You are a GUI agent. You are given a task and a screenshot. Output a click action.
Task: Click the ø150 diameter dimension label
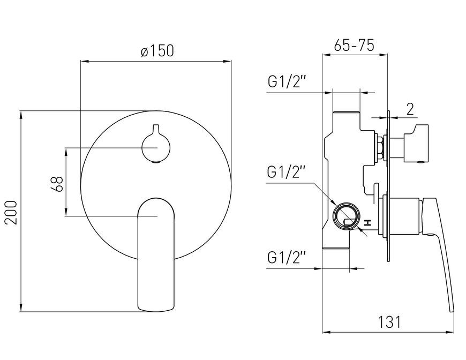point(157,50)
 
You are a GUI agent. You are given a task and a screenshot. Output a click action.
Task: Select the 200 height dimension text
point(12,212)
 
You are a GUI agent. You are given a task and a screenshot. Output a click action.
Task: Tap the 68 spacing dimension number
point(57,184)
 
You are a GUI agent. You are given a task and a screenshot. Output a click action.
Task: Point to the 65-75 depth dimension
point(354,46)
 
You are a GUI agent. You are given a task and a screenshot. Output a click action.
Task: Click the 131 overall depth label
point(389,322)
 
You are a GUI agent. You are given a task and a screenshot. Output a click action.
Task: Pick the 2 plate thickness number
point(410,109)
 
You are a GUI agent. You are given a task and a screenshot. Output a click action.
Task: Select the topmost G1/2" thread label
point(287,82)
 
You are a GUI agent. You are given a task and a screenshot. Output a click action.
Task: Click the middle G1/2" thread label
point(287,172)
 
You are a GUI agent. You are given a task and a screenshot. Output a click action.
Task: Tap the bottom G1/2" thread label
point(287,258)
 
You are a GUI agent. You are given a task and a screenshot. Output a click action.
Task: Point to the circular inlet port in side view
point(346,216)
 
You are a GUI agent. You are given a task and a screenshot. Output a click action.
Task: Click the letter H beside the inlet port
point(368,223)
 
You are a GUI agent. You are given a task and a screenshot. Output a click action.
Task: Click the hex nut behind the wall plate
point(379,147)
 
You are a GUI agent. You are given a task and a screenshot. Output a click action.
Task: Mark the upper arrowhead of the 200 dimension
point(21,115)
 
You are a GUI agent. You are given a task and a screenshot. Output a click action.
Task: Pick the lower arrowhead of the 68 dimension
point(66,212)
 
